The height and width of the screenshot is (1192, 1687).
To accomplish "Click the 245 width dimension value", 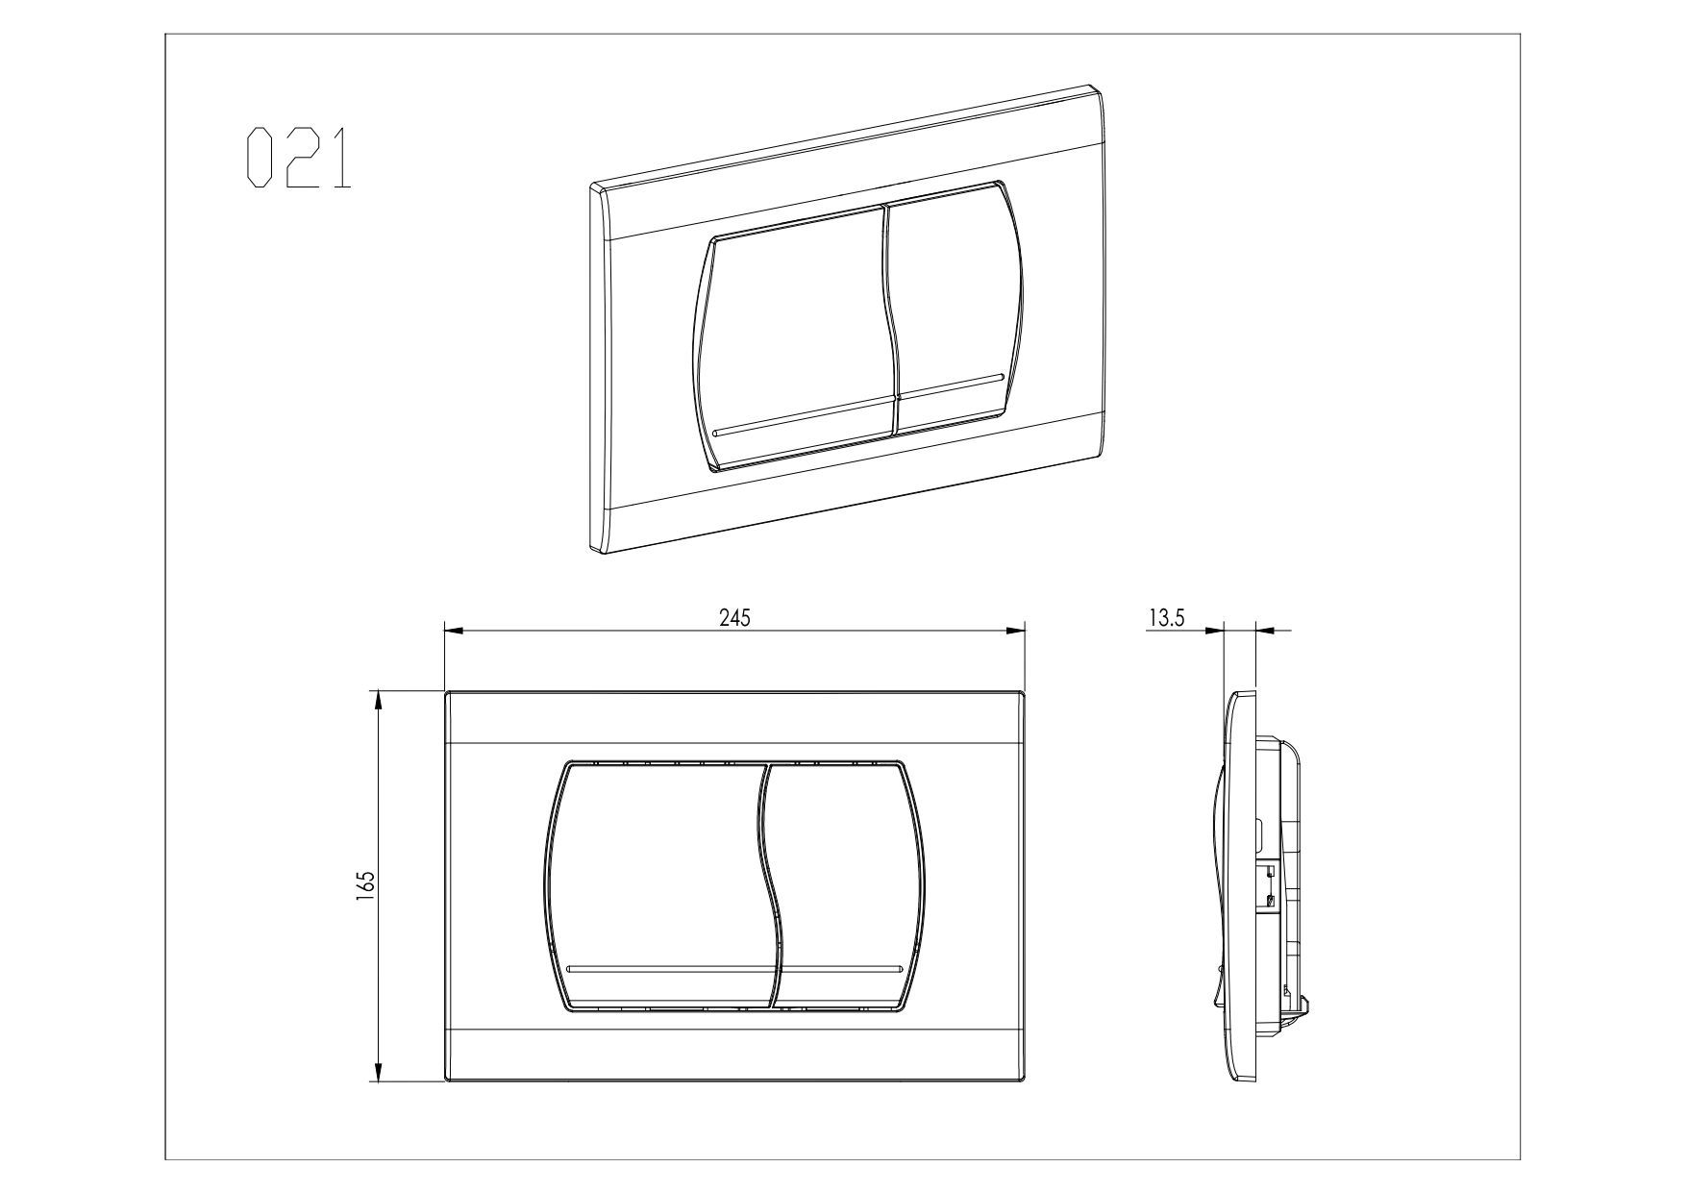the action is point(734,618).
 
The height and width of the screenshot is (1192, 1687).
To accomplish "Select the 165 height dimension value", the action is point(365,885).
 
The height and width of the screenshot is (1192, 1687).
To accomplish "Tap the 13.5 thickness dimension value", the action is point(1166,618).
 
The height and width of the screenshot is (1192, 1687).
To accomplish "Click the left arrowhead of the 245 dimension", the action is point(455,632).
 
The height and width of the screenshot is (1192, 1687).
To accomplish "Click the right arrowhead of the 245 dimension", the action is point(1015,632).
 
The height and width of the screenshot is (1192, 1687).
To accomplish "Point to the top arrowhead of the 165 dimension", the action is point(379,701).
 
